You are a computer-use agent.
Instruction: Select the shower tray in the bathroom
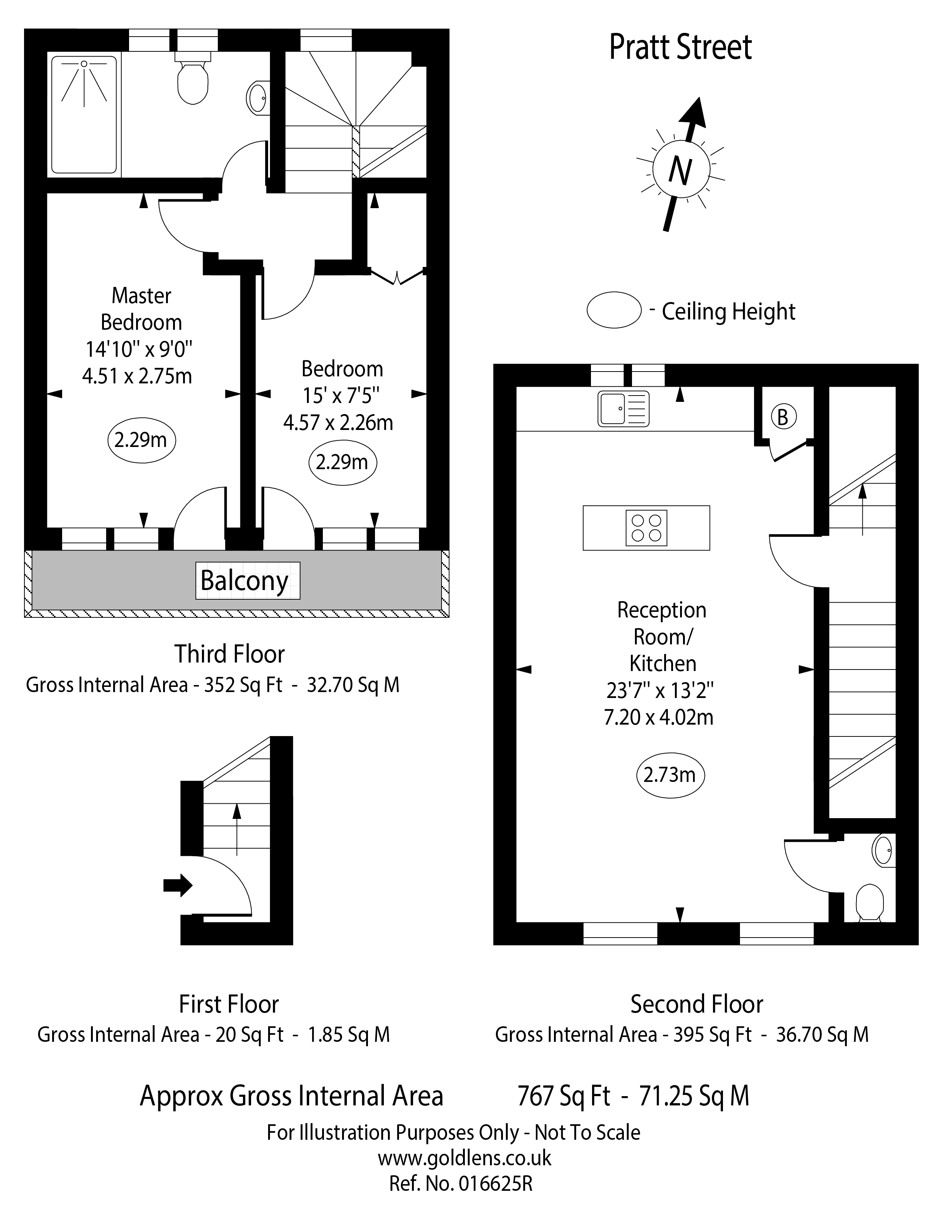click(84, 115)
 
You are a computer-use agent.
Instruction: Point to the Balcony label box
click(247, 580)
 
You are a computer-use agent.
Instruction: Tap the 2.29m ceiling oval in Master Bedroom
click(141, 440)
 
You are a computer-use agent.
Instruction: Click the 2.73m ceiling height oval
click(670, 775)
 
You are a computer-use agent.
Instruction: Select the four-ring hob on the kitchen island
click(646, 528)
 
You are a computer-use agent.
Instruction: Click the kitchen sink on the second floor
click(623, 409)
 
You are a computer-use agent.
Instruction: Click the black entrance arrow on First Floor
click(177, 885)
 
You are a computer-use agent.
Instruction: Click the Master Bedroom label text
click(141, 309)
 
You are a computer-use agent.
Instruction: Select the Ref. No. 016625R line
click(460, 1184)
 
